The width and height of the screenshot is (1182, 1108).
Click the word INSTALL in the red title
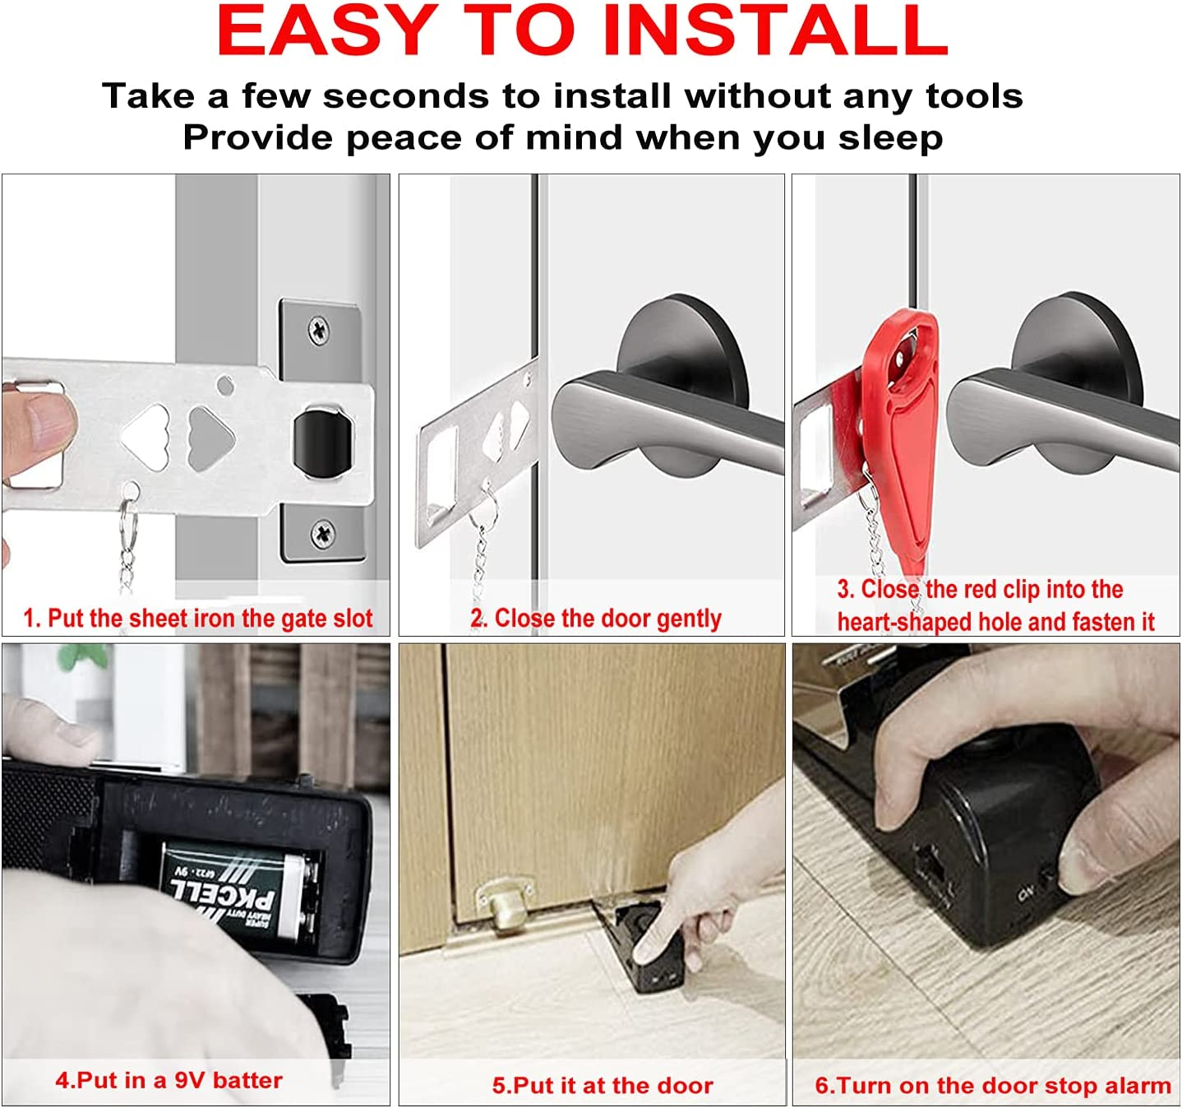(x=774, y=31)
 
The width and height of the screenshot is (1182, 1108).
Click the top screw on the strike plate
(x=320, y=331)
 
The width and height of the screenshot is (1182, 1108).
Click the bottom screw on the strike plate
(x=323, y=535)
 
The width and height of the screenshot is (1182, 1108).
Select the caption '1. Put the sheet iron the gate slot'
(x=197, y=618)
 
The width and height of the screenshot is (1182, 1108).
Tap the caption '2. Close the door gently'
(x=596, y=618)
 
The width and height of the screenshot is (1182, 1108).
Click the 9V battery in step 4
(x=238, y=892)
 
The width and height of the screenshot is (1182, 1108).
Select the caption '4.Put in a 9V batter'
(x=169, y=1080)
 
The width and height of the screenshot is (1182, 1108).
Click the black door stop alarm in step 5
(x=649, y=946)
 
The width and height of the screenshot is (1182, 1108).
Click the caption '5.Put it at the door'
(x=603, y=1085)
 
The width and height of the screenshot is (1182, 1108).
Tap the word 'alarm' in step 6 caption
(x=1137, y=1085)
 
